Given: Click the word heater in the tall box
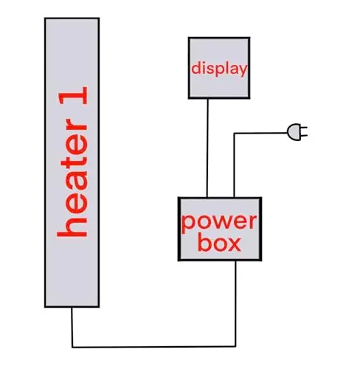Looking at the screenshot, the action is (x=72, y=178).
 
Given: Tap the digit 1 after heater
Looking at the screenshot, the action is (x=73, y=95).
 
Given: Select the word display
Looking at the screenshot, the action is (x=219, y=69).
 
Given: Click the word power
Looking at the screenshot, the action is (x=219, y=223).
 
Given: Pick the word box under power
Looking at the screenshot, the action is (x=219, y=244).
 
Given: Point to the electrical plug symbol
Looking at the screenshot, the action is (x=297, y=132).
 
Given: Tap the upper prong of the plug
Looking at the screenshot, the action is (x=304, y=128).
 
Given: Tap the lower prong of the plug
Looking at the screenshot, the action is (x=304, y=135).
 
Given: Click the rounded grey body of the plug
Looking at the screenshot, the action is (x=294, y=132).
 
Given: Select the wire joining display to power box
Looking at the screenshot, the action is (x=207, y=148).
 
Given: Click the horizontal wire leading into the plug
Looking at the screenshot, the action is (x=260, y=133).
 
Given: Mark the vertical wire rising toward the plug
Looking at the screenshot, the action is (x=234, y=165).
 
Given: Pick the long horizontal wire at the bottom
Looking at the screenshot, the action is (x=154, y=347).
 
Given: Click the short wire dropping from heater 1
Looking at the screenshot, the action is (x=72, y=327).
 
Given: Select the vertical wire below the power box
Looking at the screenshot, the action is (x=235, y=303).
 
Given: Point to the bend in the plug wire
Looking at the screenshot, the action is (x=234, y=134).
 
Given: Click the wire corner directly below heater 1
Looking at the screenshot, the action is (x=72, y=347).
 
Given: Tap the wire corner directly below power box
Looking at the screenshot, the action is (x=235, y=346).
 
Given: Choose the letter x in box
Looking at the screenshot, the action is (x=234, y=245).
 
